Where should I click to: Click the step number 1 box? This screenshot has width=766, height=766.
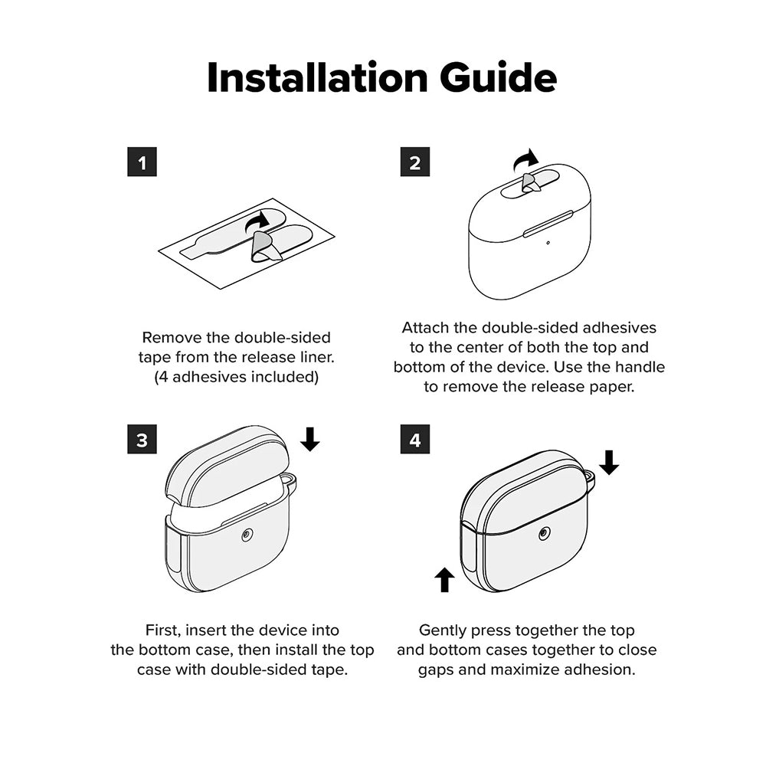[x=142, y=162]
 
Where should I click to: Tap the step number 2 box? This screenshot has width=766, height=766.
[x=414, y=162]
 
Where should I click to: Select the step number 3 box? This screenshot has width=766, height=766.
[x=142, y=439]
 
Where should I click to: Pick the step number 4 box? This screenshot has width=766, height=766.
[x=414, y=439]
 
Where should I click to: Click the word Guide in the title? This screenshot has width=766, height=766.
[x=498, y=77]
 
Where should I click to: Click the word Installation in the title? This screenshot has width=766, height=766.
[x=318, y=77]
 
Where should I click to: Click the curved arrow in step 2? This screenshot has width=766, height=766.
[x=525, y=160]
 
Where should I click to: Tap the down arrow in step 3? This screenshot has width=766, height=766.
[x=309, y=439]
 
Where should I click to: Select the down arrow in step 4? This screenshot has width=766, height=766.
[x=609, y=462]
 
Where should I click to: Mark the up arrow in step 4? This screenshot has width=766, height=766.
[x=444, y=579]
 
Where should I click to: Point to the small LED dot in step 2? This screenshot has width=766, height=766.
[x=548, y=242]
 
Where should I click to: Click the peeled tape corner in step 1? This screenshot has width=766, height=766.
[x=265, y=247]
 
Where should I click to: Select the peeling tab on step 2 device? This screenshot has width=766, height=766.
[x=530, y=183]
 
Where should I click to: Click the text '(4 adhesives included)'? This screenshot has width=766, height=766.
[x=237, y=377]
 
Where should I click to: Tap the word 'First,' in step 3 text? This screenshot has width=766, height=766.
[x=164, y=630]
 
